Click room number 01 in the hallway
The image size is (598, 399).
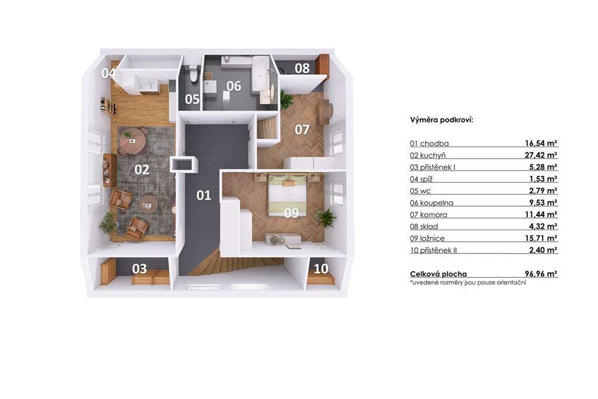pyautogui.click(x=204, y=195)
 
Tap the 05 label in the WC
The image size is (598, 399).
pyautogui.click(x=192, y=99)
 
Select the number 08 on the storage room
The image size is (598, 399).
pyautogui.click(x=302, y=68)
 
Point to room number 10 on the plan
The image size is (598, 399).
pyautogui.click(x=321, y=269)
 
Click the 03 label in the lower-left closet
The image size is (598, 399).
pyautogui.click(x=139, y=269)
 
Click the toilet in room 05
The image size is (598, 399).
pyautogui.click(x=194, y=74)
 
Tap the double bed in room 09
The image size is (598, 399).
pyautogui.click(x=287, y=195)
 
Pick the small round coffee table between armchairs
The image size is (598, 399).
pyautogui.click(x=148, y=204)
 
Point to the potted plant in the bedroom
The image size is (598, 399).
pyautogui.click(x=326, y=218)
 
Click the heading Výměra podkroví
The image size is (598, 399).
pyautogui.click(x=441, y=120)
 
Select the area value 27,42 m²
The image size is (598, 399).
pyautogui.click(x=541, y=155)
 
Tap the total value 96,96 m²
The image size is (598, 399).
pyautogui.click(x=541, y=273)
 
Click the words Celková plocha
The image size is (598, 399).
pyautogui.click(x=438, y=273)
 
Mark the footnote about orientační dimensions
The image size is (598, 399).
pyautogui.click(x=468, y=282)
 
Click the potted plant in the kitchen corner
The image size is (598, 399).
pyautogui.click(x=108, y=223)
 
